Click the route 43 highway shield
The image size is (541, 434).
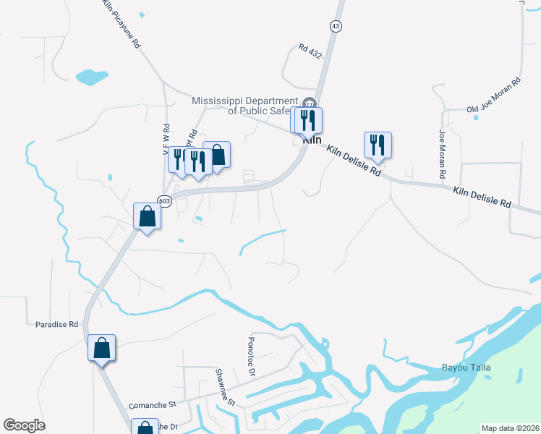(335, 26)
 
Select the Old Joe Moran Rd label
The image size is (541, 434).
(494, 96)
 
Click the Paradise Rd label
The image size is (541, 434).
(56, 325)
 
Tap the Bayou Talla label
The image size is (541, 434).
(466, 368)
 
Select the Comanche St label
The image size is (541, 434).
(152, 406)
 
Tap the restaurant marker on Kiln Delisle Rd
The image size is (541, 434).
(378, 145)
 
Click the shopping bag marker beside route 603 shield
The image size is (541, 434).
(147, 216)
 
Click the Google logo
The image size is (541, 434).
(24, 425)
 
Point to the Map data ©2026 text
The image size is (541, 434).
(510, 428)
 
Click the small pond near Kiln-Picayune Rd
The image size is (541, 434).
(91, 76)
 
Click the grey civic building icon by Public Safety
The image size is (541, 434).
(310, 102)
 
